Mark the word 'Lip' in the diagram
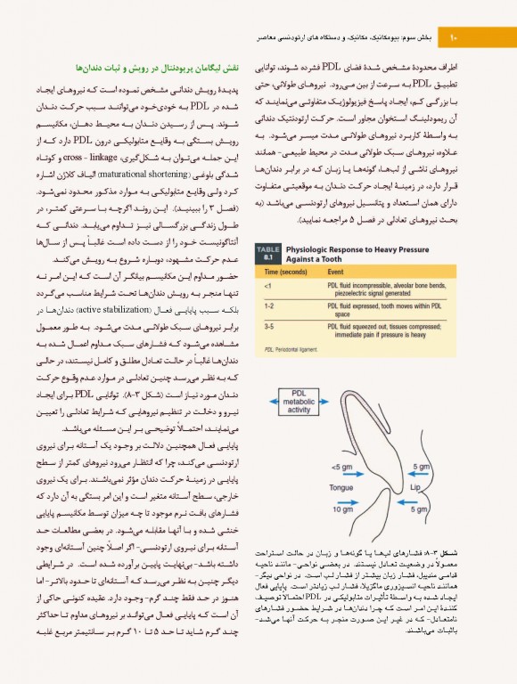414,488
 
